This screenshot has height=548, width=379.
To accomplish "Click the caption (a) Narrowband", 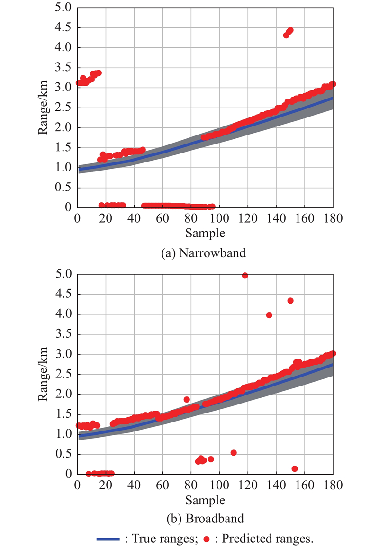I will pyautogui.click(x=204, y=253).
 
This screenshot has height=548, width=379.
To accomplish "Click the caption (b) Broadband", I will pyautogui.click(x=204, y=519).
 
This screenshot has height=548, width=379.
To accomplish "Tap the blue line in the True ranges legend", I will pyautogui.click(x=110, y=539).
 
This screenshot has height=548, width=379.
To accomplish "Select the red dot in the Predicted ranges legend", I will pyautogui.click(x=206, y=539).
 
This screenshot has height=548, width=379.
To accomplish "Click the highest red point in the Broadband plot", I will pyautogui.click(x=245, y=276).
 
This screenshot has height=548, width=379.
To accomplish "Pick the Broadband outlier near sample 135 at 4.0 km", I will pyautogui.click(x=269, y=315).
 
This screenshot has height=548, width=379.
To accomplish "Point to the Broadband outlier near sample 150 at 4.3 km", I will pyautogui.click(x=290, y=301).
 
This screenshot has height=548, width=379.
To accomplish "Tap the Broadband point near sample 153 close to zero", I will pyautogui.click(x=295, y=469).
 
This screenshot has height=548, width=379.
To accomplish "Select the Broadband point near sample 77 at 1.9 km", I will pyautogui.click(x=187, y=399).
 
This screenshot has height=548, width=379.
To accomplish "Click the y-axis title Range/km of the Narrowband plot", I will pyautogui.click(x=43, y=108).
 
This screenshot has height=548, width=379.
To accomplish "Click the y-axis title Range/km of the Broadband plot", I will pyautogui.click(x=43, y=374).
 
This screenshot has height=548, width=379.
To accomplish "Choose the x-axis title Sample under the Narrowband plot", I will pyautogui.click(x=205, y=233).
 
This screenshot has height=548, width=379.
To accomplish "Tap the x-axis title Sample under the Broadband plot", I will pyautogui.click(x=205, y=500).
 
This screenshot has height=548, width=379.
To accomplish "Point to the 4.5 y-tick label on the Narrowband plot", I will pyautogui.click(x=62, y=27).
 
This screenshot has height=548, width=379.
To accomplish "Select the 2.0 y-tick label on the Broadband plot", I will pyautogui.click(x=62, y=394).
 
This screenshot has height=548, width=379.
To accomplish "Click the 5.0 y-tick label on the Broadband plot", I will pyautogui.click(x=62, y=274).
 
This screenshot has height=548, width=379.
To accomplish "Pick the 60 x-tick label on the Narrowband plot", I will pyautogui.click(x=162, y=219).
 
